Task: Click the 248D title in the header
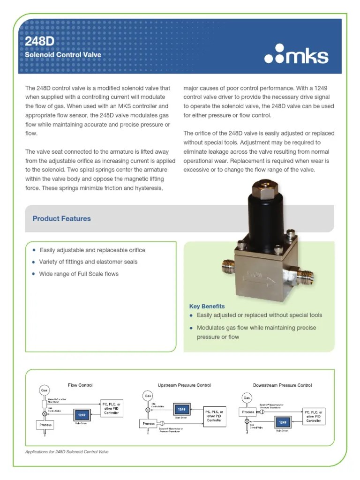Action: (x=40, y=41)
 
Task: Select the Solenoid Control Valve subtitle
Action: (x=62, y=55)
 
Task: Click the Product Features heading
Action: (x=61, y=218)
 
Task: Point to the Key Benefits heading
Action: (x=207, y=306)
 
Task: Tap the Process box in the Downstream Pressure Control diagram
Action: (x=248, y=412)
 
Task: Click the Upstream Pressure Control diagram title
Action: (x=184, y=385)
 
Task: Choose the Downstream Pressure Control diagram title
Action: (x=282, y=385)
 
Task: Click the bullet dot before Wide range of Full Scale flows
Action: (x=34, y=274)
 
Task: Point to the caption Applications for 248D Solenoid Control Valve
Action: (x=69, y=452)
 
